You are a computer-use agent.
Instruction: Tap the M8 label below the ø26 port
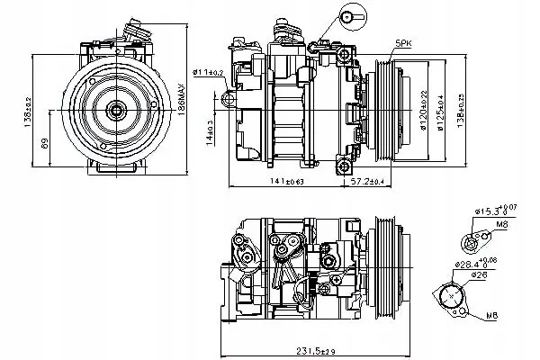click(x=491, y=317)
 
